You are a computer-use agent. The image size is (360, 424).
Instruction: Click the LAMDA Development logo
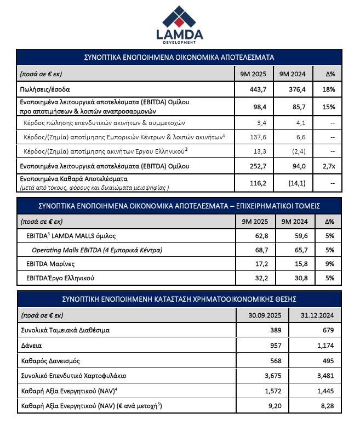click(179, 24)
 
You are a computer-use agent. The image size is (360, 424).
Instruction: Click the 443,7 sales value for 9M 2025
click(258, 89)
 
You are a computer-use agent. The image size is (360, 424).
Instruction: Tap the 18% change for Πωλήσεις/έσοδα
click(329, 89)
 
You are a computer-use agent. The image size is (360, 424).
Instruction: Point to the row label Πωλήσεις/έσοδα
click(45, 89)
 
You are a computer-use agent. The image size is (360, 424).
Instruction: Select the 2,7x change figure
click(329, 165)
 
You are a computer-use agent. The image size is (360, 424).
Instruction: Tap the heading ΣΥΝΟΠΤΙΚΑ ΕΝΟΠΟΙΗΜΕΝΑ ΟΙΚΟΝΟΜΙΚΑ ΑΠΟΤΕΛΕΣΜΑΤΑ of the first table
click(179, 57)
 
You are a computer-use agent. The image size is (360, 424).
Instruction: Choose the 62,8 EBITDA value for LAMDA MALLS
click(258, 236)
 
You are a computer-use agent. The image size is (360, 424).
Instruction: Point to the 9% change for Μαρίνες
click(329, 264)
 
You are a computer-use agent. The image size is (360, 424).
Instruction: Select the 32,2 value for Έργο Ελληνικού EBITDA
click(258, 279)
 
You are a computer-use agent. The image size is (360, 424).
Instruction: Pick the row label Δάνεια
click(31, 346)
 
